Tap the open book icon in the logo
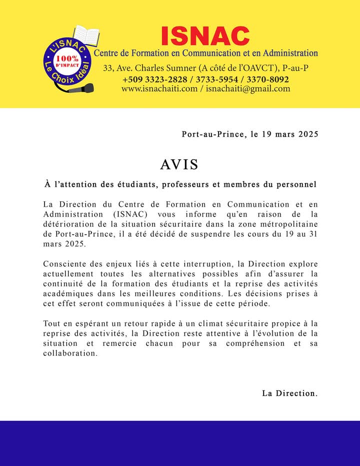click(x=86, y=36)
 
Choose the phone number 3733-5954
click(x=215, y=80)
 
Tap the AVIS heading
click(x=179, y=164)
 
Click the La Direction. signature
click(x=290, y=393)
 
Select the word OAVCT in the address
click(x=261, y=68)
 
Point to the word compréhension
click(x=256, y=343)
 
